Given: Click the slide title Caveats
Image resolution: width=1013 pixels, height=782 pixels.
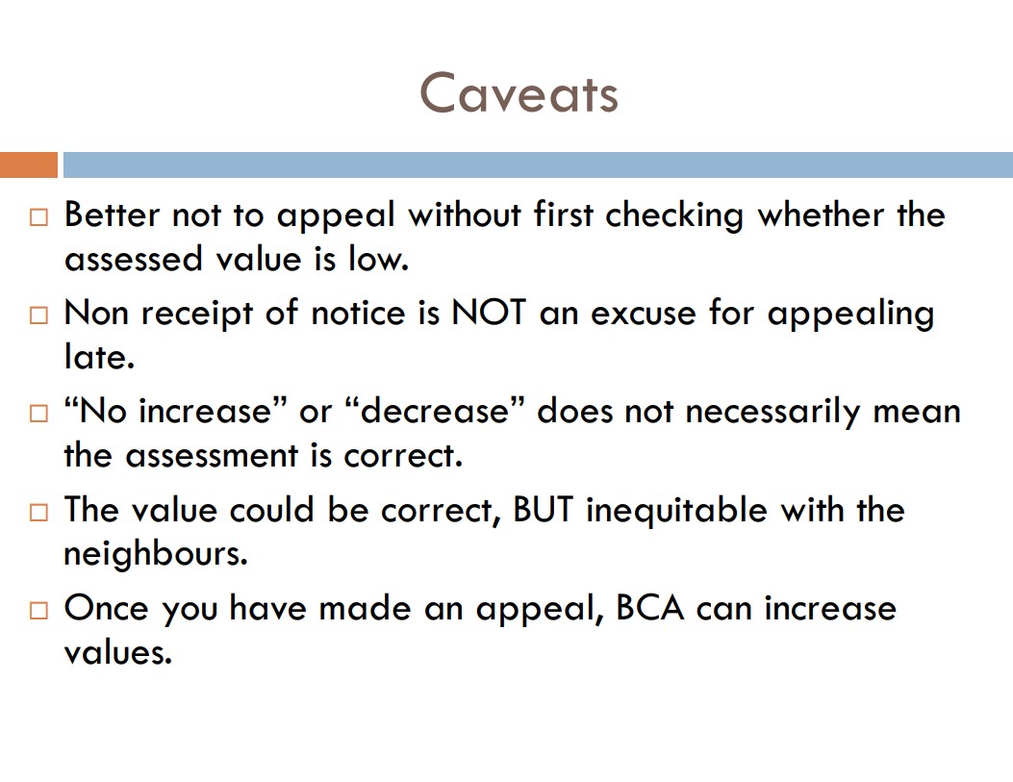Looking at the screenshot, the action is (x=519, y=93).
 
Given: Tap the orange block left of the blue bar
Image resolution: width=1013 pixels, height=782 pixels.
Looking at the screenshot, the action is (x=29, y=164).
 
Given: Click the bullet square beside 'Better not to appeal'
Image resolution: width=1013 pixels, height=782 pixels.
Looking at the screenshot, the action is (x=38, y=217).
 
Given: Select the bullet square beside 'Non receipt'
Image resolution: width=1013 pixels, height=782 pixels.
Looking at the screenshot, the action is (x=38, y=315).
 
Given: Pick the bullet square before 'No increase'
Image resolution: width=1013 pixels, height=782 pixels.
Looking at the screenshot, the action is (x=38, y=414).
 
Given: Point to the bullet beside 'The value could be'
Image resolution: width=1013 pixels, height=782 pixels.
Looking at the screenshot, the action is (x=38, y=512).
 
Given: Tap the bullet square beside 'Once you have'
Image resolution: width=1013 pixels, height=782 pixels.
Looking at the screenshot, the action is (x=38, y=610).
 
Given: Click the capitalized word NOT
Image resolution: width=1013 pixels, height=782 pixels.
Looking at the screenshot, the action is (x=489, y=314).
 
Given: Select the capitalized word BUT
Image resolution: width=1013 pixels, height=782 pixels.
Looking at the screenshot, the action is (x=543, y=510).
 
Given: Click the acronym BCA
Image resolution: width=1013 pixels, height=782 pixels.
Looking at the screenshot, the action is (x=649, y=608).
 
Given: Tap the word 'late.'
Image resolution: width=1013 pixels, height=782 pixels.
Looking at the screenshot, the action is (x=99, y=357).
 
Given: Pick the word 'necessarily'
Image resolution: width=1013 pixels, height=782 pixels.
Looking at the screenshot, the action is (x=772, y=413).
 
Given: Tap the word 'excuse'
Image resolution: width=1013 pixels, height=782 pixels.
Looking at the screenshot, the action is (x=644, y=315).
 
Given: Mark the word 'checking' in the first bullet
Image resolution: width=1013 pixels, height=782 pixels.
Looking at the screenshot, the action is (x=674, y=216).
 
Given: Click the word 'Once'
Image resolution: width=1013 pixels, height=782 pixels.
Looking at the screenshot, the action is (x=106, y=608).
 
